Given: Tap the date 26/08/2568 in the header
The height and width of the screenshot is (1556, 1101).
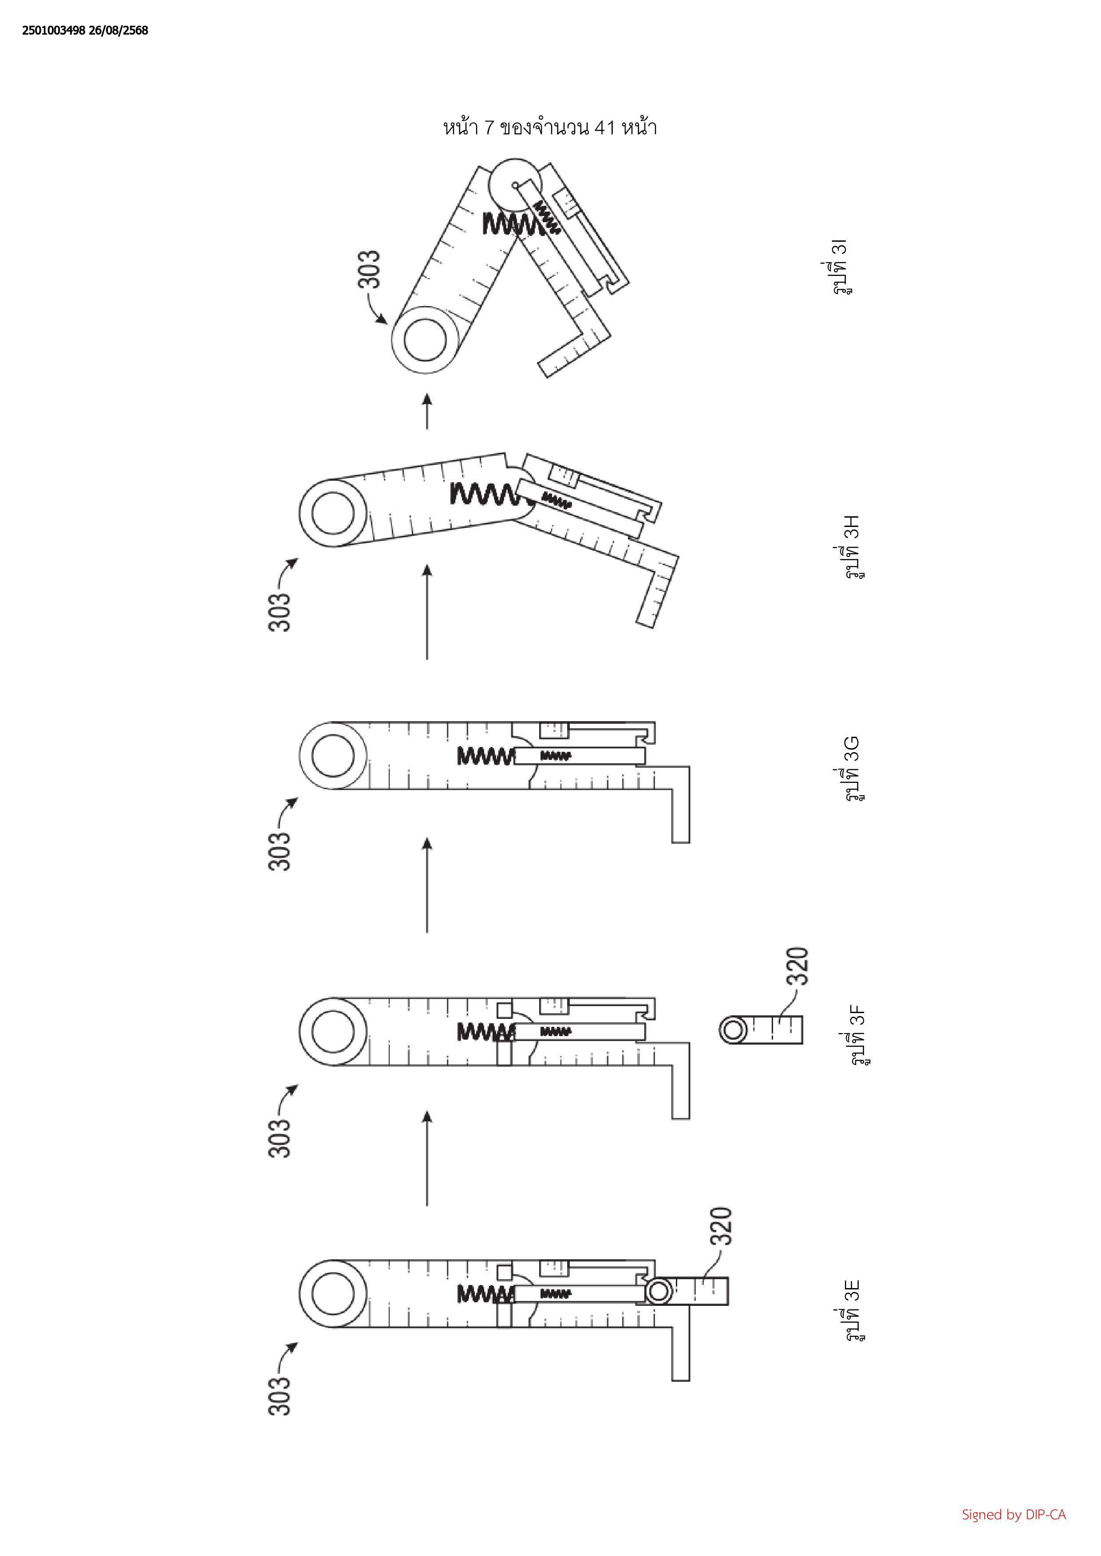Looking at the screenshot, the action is coord(117,31).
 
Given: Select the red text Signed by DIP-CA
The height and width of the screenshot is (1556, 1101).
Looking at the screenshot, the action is coord(1014,1515).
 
